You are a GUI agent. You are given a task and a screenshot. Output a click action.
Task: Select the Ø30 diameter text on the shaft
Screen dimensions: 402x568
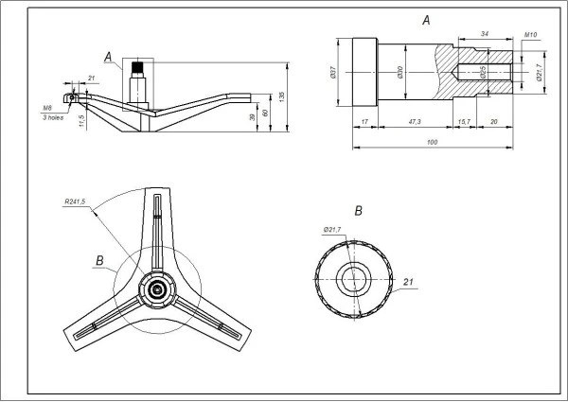[401, 72]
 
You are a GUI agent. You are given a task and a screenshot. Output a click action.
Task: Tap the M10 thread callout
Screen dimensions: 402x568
[531, 33]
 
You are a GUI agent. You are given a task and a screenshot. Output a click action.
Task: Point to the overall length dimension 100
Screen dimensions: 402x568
[432, 141]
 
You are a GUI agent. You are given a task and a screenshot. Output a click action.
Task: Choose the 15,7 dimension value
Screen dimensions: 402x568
[464, 122]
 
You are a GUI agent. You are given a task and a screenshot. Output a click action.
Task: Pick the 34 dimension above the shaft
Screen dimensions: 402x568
[484, 33]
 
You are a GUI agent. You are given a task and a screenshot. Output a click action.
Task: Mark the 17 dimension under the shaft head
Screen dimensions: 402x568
[364, 122]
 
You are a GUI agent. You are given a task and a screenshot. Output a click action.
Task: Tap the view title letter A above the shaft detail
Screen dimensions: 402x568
[426, 19]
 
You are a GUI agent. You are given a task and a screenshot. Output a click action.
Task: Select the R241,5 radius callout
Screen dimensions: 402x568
[75, 201]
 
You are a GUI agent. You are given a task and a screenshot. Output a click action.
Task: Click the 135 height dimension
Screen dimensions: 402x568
[281, 97]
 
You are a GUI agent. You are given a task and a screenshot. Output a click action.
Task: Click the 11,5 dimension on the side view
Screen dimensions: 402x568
[81, 120]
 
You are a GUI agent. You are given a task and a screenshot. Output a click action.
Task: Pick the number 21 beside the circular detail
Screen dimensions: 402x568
[409, 282]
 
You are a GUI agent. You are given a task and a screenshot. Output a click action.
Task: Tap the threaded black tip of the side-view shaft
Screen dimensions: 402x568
[138, 68]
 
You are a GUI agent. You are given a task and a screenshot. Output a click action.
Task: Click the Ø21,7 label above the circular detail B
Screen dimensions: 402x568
[331, 229]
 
